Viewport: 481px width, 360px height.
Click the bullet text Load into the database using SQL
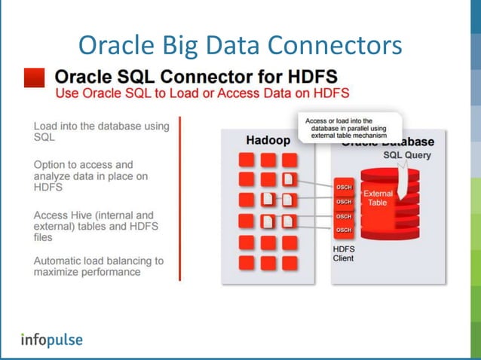tap(101, 132)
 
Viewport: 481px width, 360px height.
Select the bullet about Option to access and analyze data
tap(90, 175)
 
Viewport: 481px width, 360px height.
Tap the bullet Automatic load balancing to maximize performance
tap(98, 266)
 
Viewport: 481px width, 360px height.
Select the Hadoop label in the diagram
tap(268, 140)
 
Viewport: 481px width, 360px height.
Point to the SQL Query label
tap(409, 155)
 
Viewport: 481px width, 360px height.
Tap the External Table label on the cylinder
tap(378, 198)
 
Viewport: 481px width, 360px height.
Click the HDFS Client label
tap(343, 252)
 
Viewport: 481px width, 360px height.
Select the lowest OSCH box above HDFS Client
tap(343, 230)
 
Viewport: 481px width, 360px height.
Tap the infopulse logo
tap(51, 339)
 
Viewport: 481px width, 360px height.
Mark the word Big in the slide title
tap(195, 44)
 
